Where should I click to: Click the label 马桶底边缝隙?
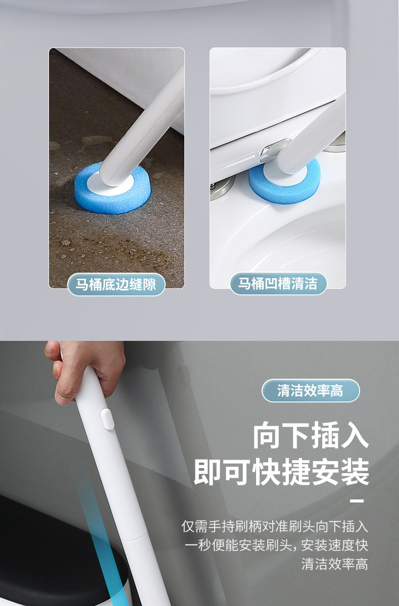(x=116, y=284)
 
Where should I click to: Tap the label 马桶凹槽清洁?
(x=278, y=284)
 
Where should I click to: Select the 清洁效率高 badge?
(x=310, y=390)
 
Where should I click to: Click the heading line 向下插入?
(x=311, y=437)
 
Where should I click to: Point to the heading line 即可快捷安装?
(x=281, y=473)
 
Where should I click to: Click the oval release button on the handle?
(x=106, y=419)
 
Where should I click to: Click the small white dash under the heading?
(x=357, y=501)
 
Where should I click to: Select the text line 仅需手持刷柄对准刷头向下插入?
(x=275, y=526)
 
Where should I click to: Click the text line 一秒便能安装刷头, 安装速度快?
(x=276, y=545)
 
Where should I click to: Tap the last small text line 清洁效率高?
(x=334, y=564)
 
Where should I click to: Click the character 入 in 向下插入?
(x=354, y=437)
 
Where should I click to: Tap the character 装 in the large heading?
(x=354, y=473)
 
